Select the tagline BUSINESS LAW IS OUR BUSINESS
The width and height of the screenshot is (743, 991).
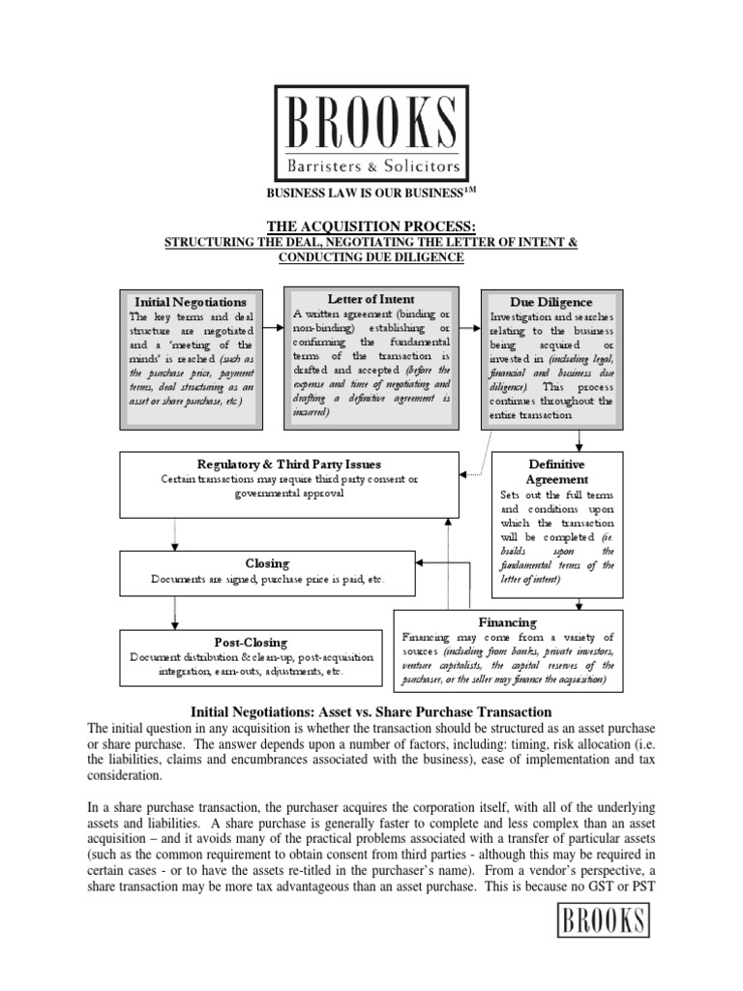click(366, 193)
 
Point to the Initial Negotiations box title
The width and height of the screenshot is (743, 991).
click(191, 302)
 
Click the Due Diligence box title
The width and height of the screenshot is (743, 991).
click(551, 302)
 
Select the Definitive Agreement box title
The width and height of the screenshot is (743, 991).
click(556, 471)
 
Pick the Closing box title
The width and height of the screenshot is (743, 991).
click(268, 563)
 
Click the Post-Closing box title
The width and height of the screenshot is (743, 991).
click(252, 642)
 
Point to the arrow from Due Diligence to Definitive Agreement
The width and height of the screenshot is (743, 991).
click(579, 440)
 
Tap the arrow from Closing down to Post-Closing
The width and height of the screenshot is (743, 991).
click(175, 612)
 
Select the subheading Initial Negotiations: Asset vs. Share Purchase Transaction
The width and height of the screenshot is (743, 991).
click(371, 711)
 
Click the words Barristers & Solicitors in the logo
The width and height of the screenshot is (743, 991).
click(371, 157)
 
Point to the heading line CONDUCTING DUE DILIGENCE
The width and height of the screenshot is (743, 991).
click(372, 256)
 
